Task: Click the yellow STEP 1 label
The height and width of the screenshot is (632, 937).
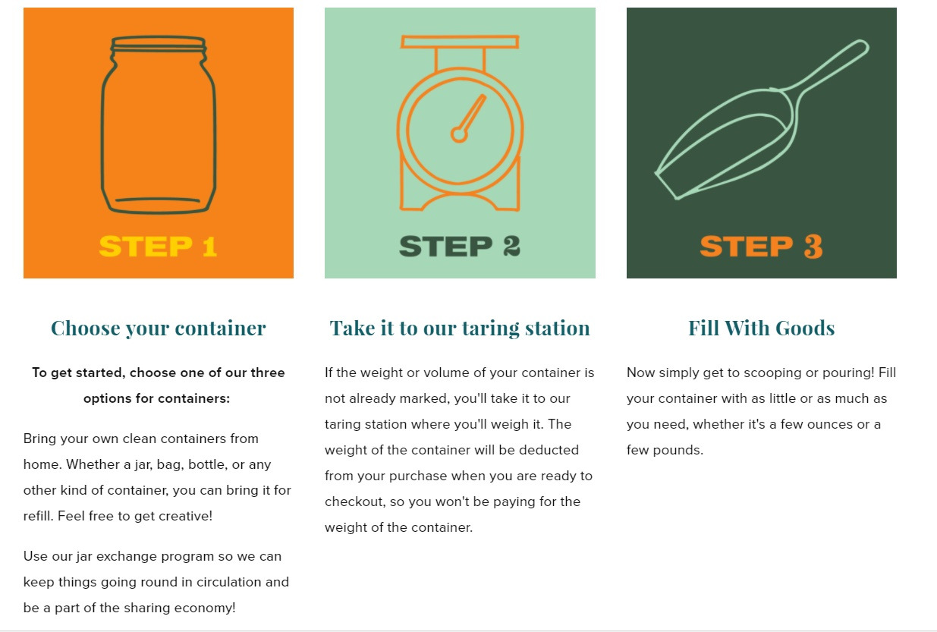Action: [158, 246]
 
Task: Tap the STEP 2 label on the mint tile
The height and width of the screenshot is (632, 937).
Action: [460, 246]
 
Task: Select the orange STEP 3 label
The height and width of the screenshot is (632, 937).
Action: [761, 247]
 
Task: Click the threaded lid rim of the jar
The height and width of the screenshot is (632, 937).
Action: [158, 44]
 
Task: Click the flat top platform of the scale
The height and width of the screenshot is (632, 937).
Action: [460, 42]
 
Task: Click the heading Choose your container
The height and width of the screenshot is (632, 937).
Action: [158, 328]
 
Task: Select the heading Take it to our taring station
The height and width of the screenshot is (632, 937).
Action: [460, 328]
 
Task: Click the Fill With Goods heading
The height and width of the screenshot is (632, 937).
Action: [761, 328]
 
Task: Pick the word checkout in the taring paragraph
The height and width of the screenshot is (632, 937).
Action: [354, 502]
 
